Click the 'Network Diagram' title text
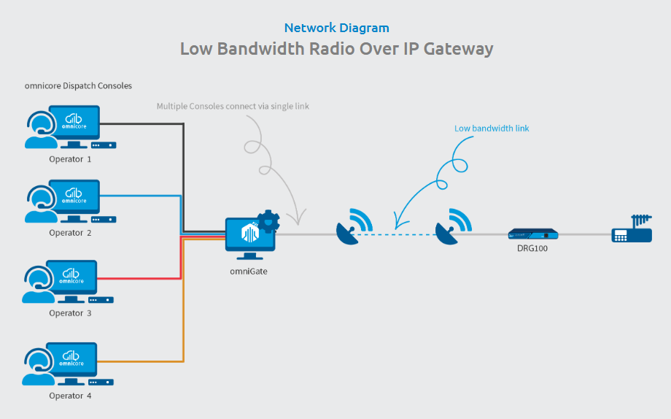336,28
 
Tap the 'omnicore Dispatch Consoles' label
78,85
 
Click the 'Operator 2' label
71,233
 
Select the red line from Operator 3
139,278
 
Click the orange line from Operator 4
139,361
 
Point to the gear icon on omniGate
268,220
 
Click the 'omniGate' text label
249,271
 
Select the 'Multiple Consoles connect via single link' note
233,107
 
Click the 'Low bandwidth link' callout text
492,128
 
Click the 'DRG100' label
532,248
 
